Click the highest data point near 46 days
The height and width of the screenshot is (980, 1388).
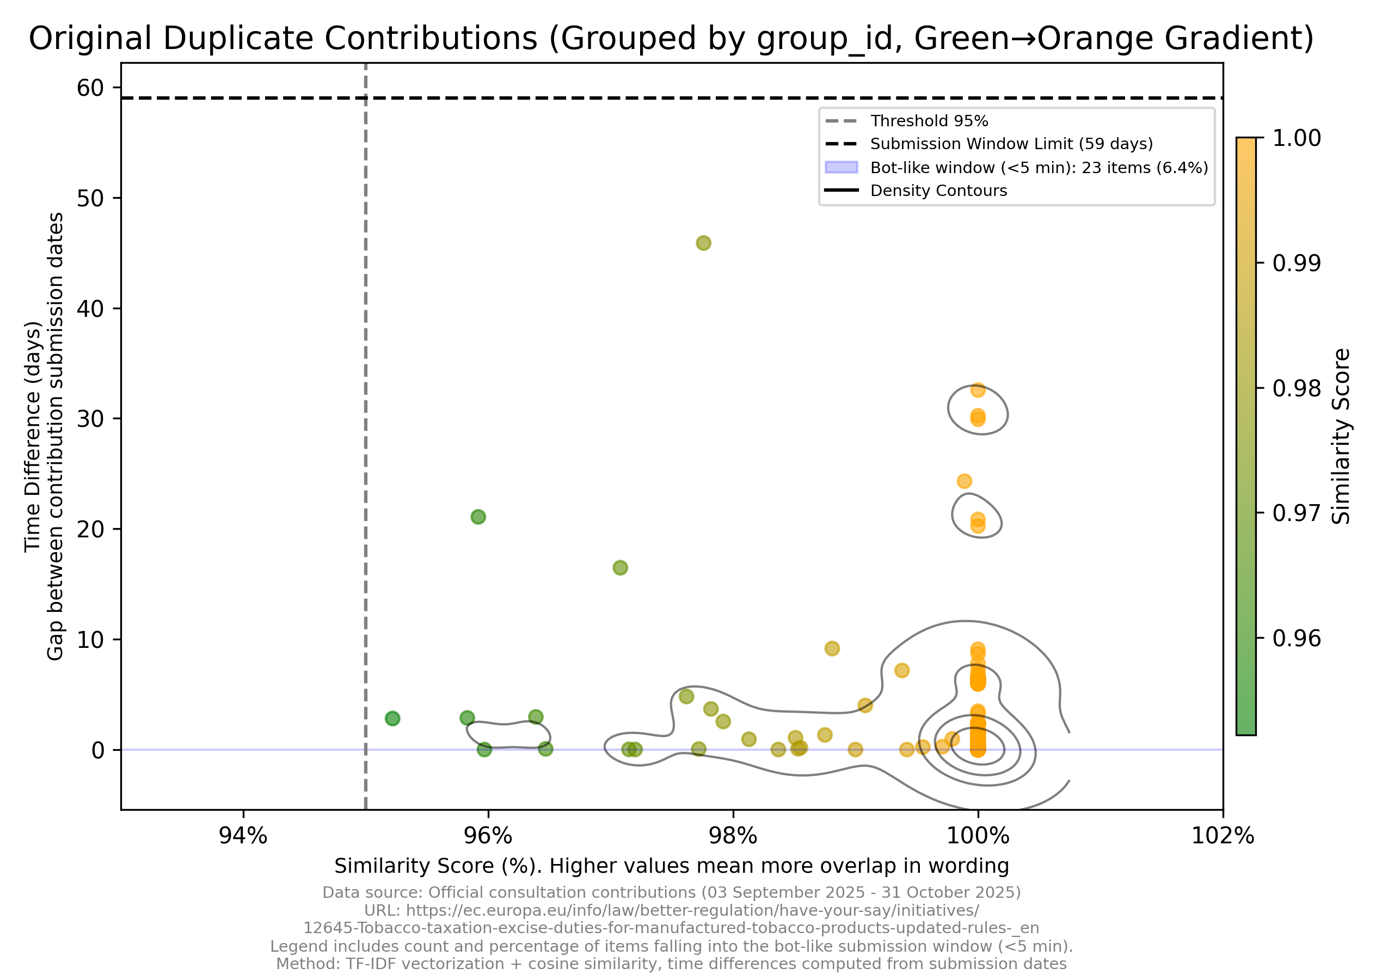pos(703,243)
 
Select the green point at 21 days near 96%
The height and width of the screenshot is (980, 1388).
pos(478,517)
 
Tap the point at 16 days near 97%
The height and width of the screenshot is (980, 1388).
pos(621,568)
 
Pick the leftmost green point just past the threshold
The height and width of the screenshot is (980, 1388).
pos(392,718)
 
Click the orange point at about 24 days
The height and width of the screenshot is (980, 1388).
pos(964,481)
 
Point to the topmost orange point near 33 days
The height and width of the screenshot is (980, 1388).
pos(978,390)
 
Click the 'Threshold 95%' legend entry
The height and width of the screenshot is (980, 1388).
pos(929,121)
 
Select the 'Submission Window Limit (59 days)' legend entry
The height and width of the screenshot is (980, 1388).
pos(1011,144)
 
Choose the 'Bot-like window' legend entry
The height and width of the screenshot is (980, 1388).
pos(1039,168)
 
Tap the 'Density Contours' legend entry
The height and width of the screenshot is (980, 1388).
pos(938,191)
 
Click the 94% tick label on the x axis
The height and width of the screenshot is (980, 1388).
pos(243,836)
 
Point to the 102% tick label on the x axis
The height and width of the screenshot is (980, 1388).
pos(1223,836)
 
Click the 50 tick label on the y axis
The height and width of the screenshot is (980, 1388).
pos(90,198)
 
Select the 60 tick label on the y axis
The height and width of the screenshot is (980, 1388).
pos(90,88)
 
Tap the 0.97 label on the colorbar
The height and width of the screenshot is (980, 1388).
pos(1296,513)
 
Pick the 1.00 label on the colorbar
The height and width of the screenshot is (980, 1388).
pos(1296,138)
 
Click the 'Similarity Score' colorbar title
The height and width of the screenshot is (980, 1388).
pos(1341,436)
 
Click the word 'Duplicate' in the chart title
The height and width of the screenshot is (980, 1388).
pos(431,39)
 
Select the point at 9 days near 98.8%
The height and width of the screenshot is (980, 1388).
pos(832,648)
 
